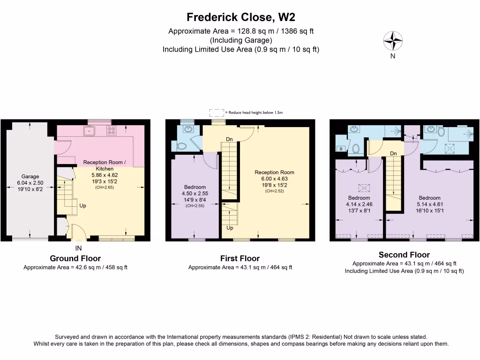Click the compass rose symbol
pyautogui.click(x=393, y=41)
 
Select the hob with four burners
pyautogui.click(x=112, y=130)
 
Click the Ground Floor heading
pyautogui.click(x=75, y=258)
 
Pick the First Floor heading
pyautogui.click(x=240, y=258)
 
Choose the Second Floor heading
pyautogui.click(x=404, y=255)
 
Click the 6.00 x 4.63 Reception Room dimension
pyautogui.click(x=274, y=179)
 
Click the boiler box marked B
pyautogui.click(x=340, y=149)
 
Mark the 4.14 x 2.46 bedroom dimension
pyautogui.click(x=359, y=204)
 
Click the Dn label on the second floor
pyautogui.click(x=394, y=154)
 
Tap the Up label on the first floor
pyautogui.click(x=230, y=228)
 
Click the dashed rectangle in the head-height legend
pyautogui.click(x=216, y=112)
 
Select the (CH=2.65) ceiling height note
pyautogui.click(x=102, y=187)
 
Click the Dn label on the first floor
pyautogui.click(x=229, y=139)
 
